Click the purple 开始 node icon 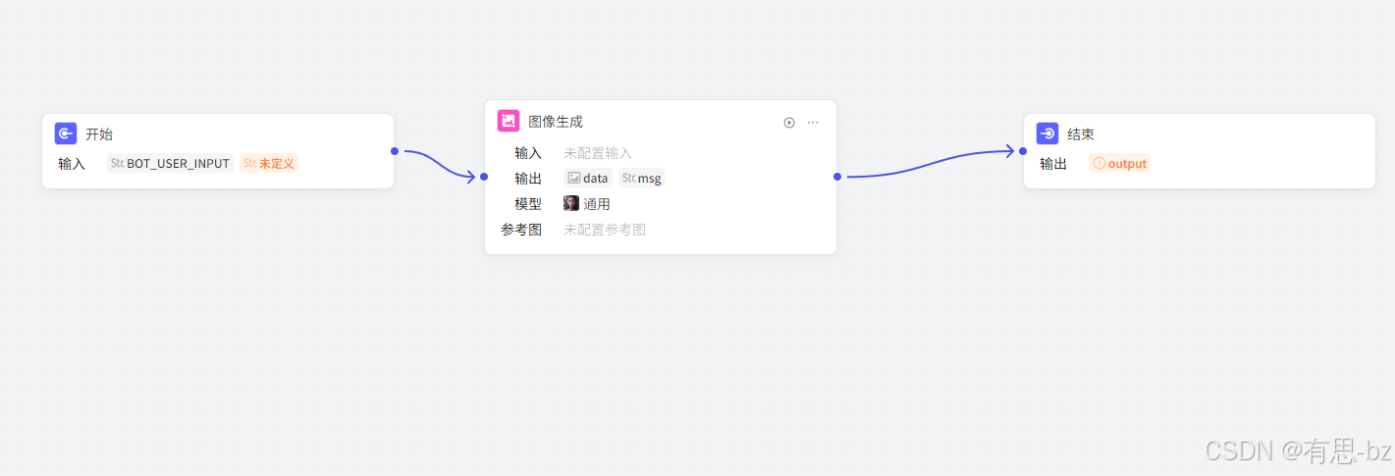[x=66, y=134]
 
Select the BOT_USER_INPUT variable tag [x=170, y=163]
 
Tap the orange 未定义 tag [x=269, y=163]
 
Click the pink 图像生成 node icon [x=509, y=122]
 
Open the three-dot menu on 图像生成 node [x=813, y=123]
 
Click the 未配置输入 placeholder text [x=598, y=153]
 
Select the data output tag [x=588, y=179]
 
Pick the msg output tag [x=642, y=179]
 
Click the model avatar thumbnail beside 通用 [x=571, y=204]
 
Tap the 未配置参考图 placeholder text [x=605, y=230]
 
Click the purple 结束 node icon [x=1047, y=134]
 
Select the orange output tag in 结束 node [x=1119, y=164]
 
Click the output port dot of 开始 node [x=395, y=151]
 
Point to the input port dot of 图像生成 [x=484, y=177]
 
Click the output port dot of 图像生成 [x=837, y=177]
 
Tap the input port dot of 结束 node [x=1023, y=151]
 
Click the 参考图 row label [x=521, y=230]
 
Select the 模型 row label [x=528, y=204]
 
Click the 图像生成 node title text [x=556, y=122]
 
